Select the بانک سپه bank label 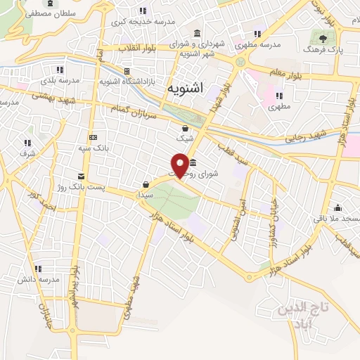[x=94, y=148]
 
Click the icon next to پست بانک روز [x=82, y=175]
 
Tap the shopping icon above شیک [x=184, y=129]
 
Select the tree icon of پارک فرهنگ [x=323, y=39]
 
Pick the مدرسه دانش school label [x=38, y=279]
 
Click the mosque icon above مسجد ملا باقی [x=338, y=207]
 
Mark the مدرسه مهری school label [x=262, y=44]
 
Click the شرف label [x=27, y=153]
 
